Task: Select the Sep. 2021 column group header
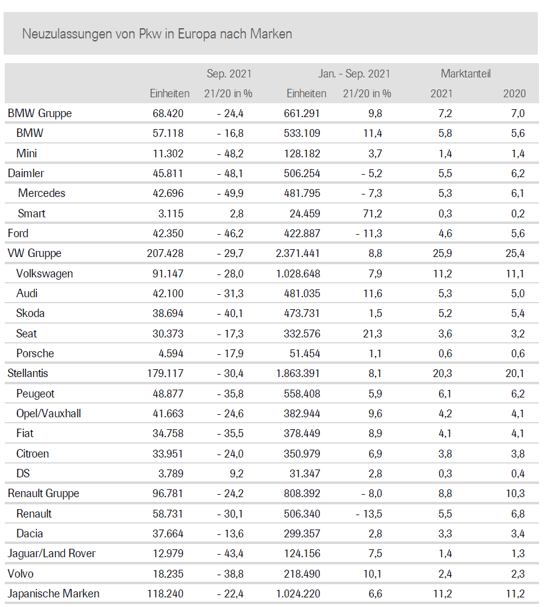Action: [229, 74]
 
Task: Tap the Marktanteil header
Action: [466, 74]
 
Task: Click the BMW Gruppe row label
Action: [40, 113]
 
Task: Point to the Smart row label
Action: [31, 213]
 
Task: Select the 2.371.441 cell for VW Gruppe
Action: [298, 253]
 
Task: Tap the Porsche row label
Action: [35, 353]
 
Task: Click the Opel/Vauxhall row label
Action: [49, 413]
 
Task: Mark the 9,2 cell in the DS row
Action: [237, 473]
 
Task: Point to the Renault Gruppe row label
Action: [43, 493]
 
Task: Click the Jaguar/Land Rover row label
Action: [51, 553]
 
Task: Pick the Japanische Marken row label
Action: [53, 593]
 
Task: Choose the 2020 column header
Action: [514, 93]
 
